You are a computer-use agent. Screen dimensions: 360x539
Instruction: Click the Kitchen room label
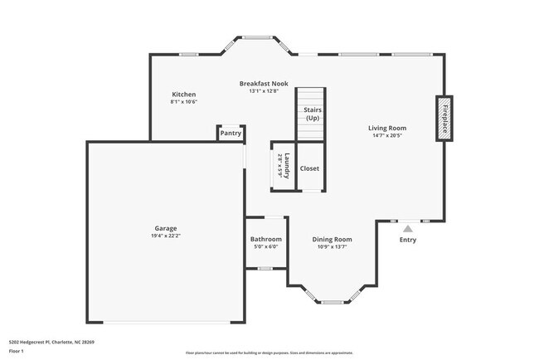pyautogui.click(x=183, y=95)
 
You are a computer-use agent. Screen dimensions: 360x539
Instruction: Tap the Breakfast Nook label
pyautogui.click(x=265, y=84)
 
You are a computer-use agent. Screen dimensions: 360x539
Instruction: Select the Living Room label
pyautogui.click(x=387, y=128)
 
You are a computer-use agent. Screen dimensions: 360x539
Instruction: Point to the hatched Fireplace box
pyautogui.click(x=444, y=119)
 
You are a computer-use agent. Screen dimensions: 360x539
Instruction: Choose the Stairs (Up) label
pyautogui.click(x=313, y=114)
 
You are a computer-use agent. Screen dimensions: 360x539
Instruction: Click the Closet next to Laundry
pyautogui.click(x=309, y=168)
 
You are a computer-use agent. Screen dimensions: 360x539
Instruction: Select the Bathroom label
pyautogui.click(x=265, y=239)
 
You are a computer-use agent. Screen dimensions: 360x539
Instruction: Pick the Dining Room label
pyautogui.click(x=332, y=239)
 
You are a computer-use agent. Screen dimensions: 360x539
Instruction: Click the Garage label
pyautogui.click(x=165, y=228)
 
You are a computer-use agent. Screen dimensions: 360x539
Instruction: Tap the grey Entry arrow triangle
pyautogui.click(x=407, y=228)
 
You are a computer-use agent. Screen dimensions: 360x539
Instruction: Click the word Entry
pyautogui.click(x=408, y=241)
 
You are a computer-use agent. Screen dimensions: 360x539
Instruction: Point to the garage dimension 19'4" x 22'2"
pyautogui.click(x=165, y=236)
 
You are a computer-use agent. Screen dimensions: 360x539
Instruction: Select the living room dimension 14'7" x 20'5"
pyautogui.click(x=387, y=136)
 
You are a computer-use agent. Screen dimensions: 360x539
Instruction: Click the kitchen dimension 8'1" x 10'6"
pyautogui.click(x=183, y=103)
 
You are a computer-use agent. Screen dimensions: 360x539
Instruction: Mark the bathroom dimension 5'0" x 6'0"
pyautogui.click(x=265, y=246)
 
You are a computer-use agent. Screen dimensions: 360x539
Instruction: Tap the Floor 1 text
pyautogui.click(x=16, y=351)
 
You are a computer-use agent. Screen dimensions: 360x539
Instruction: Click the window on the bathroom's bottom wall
pyautogui.click(x=265, y=269)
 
